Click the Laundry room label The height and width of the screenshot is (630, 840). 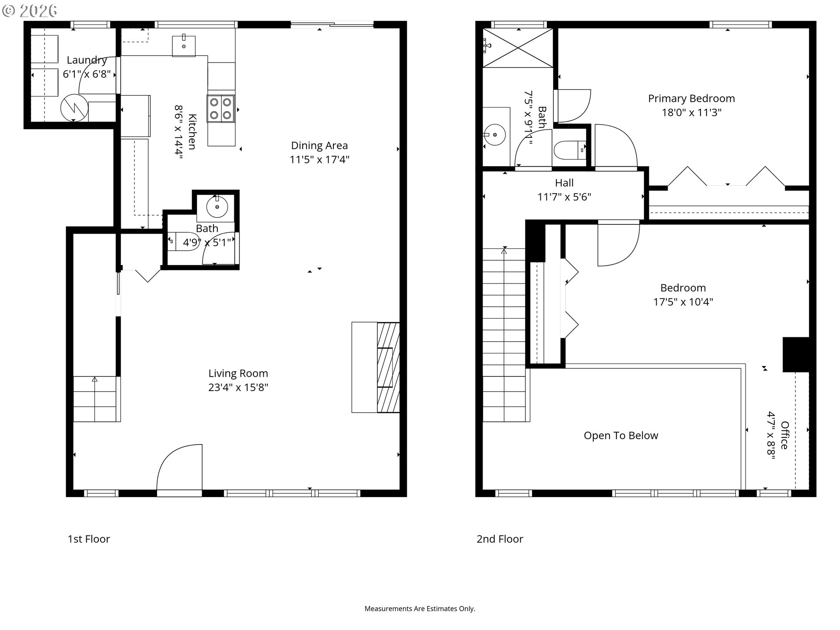pyautogui.click(x=87, y=60)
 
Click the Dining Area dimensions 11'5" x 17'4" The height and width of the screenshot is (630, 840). pyautogui.click(x=319, y=160)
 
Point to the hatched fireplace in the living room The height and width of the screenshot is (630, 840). pyautogui.click(x=388, y=367)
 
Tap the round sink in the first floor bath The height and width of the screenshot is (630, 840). pyautogui.click(x=217, y=206)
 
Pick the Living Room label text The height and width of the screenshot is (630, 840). pyautogui.click(x=238, y=374)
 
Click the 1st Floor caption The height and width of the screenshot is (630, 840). pyautogui.click(x=89, y=539)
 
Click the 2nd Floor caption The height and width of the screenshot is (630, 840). pyautogui.click(x=500, y=539)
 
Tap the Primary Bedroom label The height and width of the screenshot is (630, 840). pyautogui.click(x=691, y=99)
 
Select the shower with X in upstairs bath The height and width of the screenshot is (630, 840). pyautogui.click(x=518, y=48)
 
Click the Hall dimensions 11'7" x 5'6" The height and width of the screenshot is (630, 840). pyautogui.click(x=564, y=197)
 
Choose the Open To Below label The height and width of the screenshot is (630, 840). pyautogui.click(x=621, y=436)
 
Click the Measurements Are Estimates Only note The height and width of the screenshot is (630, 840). pyautogui.click(x=420, y=609)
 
